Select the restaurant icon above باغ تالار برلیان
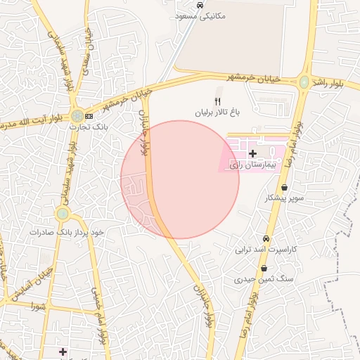pos(217,101)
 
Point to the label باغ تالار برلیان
pos(218,112)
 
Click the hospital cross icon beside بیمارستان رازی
pos(252,153)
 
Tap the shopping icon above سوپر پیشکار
pos(284,188)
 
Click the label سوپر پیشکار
pos(284,198)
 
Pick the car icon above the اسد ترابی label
pos(266,239)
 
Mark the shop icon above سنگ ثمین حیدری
pos(264,269)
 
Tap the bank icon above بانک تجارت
pos(89,116)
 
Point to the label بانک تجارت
pos(86,127)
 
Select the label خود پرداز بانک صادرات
pos(67,231)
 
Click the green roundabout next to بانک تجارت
pos(75,115)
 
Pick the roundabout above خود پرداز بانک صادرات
pos(63,213)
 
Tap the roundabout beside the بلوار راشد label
pos(304,82)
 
